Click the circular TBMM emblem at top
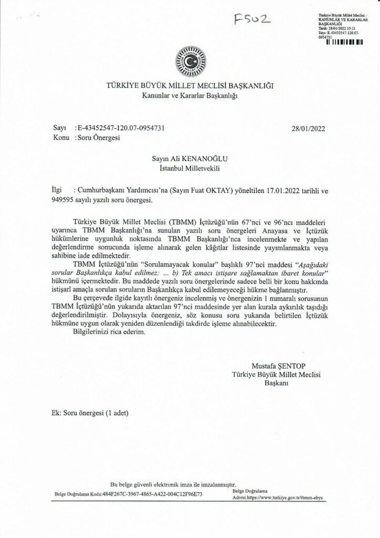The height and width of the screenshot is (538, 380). click(x=190, y=60)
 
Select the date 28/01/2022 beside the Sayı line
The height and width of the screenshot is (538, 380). click(x=308, y=128)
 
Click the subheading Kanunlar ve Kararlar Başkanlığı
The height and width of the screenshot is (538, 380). click(x=190, y=96)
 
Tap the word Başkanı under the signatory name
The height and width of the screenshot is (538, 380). click(x=275, y=383)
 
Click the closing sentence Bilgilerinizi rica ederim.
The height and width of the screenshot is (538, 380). click(x=107, y=334)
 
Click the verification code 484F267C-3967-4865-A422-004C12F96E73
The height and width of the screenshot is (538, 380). click(x=152, y=495)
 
